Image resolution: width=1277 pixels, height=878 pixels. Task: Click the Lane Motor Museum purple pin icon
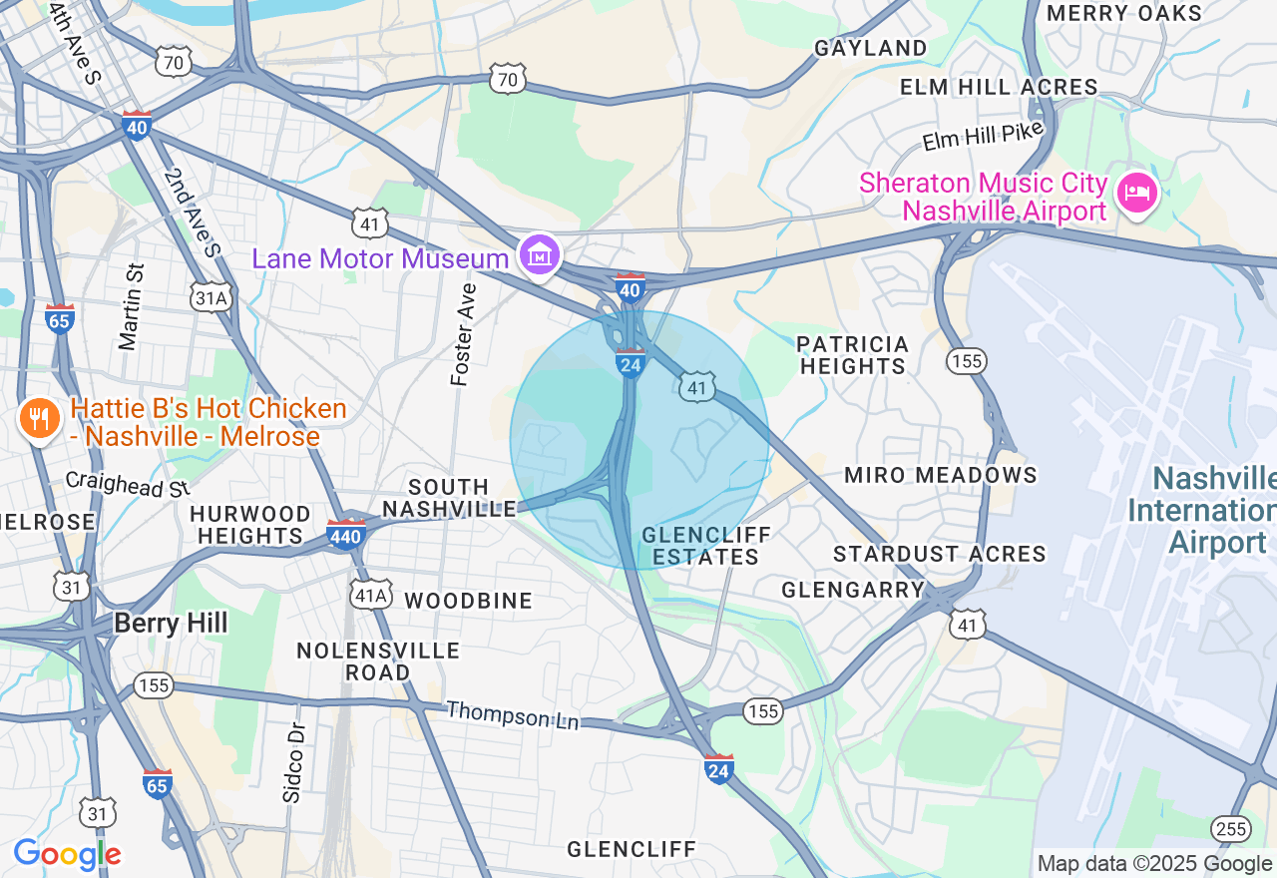point(540,256)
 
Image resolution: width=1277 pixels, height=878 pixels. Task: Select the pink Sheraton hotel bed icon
point(1136,192)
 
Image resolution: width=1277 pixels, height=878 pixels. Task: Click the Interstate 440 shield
point(345,535)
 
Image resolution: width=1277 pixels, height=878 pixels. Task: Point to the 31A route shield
point(212,296)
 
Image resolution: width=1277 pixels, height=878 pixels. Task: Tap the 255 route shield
point(1231,828)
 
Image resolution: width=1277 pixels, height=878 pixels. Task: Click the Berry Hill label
point(171,624)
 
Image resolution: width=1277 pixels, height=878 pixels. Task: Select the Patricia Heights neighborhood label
point(853,355)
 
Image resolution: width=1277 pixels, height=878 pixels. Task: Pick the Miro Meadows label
point(941,475)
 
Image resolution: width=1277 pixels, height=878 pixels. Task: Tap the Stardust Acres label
point(939,554)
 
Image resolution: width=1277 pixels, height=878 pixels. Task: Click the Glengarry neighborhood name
point(853,590)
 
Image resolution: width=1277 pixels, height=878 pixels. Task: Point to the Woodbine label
point(468,601)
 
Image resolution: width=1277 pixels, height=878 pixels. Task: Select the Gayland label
point(870,48)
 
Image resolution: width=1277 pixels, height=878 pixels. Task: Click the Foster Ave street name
point(462,334)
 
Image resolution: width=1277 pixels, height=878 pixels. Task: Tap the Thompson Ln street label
point(512,714)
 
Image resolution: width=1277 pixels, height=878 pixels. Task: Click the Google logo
point(67,855)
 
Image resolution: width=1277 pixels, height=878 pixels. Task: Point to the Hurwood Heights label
point(250,525)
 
